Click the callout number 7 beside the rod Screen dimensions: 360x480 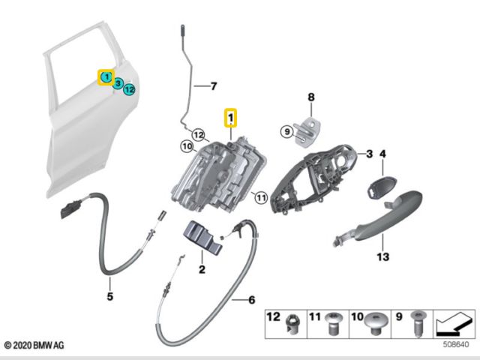212,85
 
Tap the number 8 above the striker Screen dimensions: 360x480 312,97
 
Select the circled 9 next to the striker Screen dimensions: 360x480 286,132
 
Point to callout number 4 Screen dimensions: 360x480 382,154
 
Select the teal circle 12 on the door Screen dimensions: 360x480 130,89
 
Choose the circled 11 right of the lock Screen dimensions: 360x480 260,198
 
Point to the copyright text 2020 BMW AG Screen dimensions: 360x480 36,346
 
